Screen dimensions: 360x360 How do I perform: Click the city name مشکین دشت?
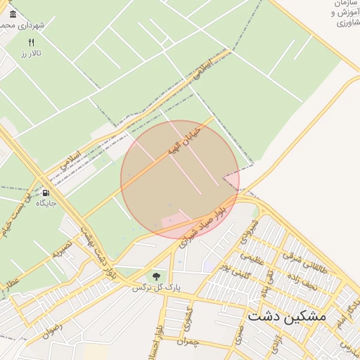[x=287, y=317]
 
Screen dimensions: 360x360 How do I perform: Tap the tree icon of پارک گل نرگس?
[x=156, y=276]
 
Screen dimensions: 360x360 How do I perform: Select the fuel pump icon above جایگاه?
[x=46, y=193]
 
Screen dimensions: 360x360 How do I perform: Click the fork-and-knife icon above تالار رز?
[x=30, y=43]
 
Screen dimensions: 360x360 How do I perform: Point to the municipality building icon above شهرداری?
[x=13, y=14]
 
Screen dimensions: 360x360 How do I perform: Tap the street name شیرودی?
[x=250, y=231]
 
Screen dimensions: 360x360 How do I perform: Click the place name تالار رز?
[x=31, y=53]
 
